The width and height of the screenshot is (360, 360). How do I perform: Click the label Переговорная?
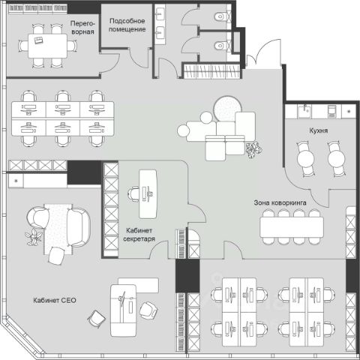click(x=82, y=28)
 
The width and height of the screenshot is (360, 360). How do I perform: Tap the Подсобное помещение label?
click(x=127, y=25)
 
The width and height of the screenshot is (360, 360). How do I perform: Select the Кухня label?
click(x=318, y=130)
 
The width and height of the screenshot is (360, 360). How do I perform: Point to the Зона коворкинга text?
click(x=280, y=202)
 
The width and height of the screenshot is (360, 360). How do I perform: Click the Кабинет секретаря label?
click(x=139, y=235)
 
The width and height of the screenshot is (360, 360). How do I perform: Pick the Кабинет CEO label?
click(x=55, y=300)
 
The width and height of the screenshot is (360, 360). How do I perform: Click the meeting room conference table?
click(x=47, y=46)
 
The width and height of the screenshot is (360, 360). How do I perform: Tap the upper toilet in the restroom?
click(x=221, y=16)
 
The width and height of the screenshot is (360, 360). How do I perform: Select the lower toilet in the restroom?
click(x=221, y=46)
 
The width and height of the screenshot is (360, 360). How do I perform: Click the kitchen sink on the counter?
click(x=304, y=111)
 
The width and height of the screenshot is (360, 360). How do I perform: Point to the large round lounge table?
click(x=227, y=109)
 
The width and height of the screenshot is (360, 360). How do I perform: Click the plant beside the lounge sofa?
click(x=253, y=149)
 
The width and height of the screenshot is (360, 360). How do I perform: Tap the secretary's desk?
click(x=148, y=194)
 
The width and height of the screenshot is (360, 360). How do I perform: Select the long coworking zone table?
click(x=292, y=227)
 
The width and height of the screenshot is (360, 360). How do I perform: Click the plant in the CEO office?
click(x=33, y=236)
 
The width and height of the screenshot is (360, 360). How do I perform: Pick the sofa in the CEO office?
click(x=78, y=227)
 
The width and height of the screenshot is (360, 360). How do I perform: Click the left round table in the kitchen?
click(x=305, y=159)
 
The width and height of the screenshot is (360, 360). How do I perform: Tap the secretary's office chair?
click(x=133, y=194)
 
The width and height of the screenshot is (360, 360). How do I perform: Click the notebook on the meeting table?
click(x=38, y=40)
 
